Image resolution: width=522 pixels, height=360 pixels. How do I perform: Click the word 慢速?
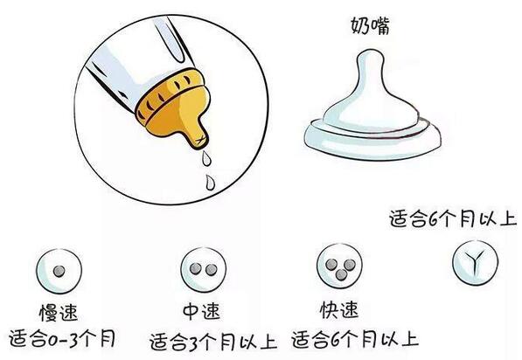pyautogui.click(x=60, y=312)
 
